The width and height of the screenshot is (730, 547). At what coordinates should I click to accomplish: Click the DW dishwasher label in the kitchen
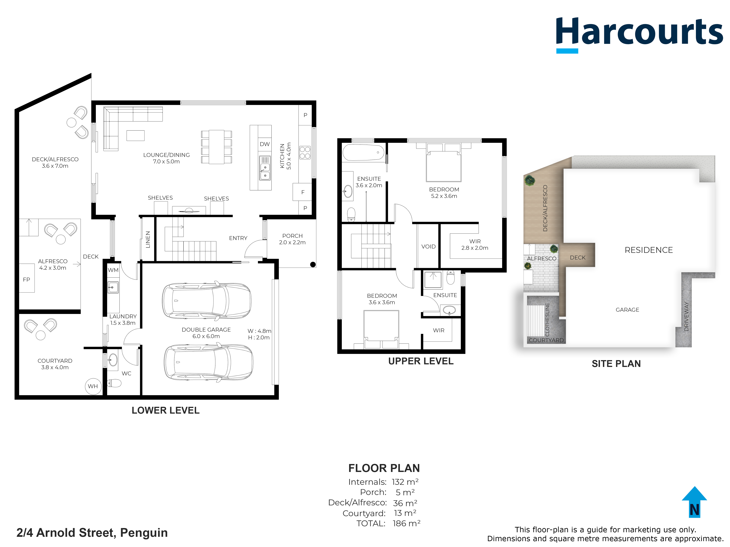tap(265, 144)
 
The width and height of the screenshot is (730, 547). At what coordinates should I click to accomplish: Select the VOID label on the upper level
tap(428, 246)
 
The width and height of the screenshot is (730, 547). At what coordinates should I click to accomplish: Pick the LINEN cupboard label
tap(148, 239)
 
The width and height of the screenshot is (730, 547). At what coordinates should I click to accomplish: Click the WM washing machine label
tap(113, 270)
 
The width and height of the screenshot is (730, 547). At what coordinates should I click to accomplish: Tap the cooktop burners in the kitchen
tap(305, 153)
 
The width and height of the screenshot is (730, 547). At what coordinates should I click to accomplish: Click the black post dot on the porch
tap(313, 265)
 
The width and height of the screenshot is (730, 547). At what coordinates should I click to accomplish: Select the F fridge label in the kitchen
tap(303, 192)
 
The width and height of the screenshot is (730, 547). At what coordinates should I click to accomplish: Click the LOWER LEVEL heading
tap(166, 410)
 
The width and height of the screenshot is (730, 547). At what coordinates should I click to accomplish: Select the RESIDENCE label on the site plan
tap(649, 250)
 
